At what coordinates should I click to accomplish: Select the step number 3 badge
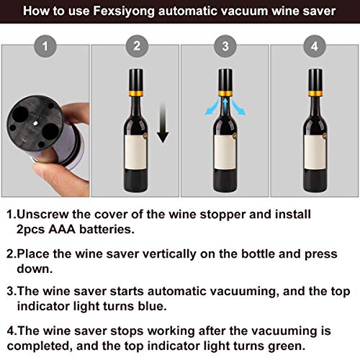[224, 48]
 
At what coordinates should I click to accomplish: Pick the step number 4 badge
[314, 48]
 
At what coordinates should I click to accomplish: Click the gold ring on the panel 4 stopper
[314, 93]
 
